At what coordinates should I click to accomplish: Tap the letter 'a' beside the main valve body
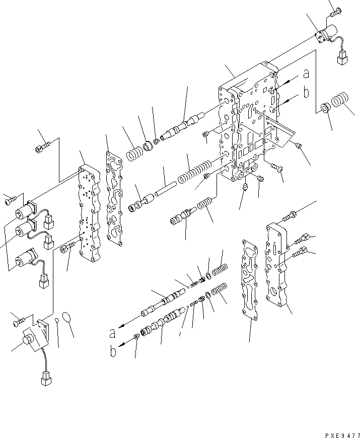305,75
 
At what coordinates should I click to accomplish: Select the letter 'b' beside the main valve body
305,94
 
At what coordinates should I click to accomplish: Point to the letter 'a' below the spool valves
112,333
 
